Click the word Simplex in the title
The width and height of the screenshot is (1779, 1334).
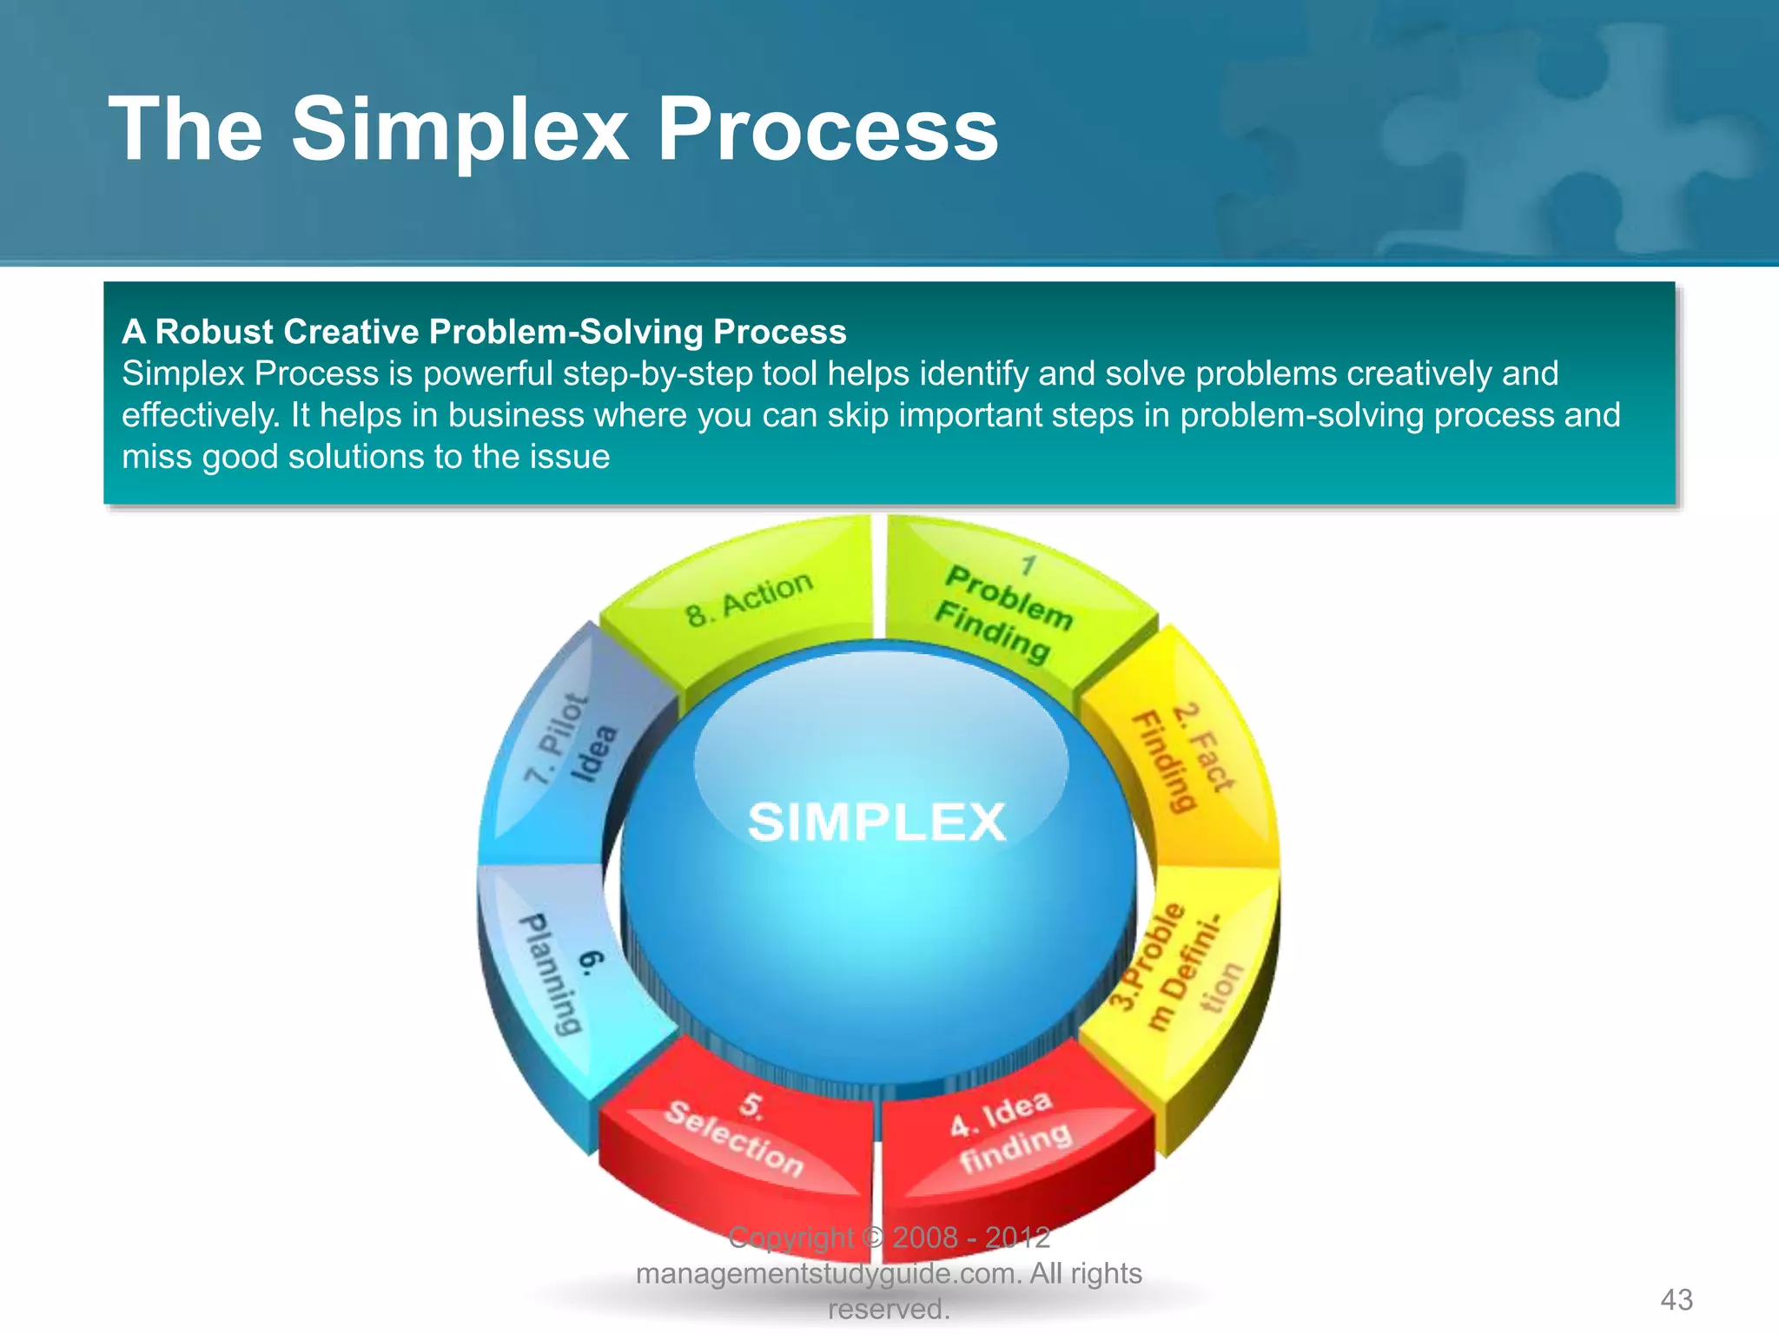tap(460, 130)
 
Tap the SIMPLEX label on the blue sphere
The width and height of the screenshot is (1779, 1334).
tap(876, 822)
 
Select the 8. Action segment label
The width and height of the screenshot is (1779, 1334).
tap(749, 598)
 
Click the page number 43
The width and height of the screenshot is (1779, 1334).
tap(1676, 1299)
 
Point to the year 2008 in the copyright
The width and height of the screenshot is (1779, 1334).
tap(924, 1237)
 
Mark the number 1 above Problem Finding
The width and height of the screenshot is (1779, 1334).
tap(1028, 566)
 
